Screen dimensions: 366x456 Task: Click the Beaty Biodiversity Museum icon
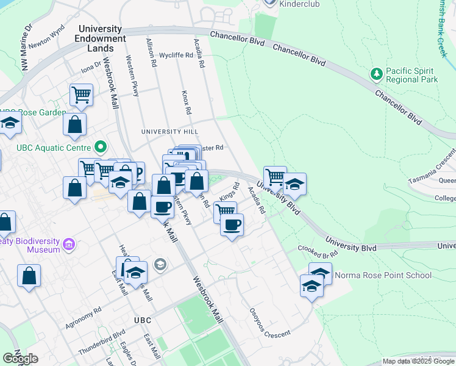pos(69,245)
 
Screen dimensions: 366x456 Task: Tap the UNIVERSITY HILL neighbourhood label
pos(169,132)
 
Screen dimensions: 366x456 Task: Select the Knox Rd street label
pos(187,103)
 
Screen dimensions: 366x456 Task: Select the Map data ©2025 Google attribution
pos(418,361)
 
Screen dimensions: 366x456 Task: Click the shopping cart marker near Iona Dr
pos(81,95)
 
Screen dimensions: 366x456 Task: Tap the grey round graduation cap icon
pos(160,264)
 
